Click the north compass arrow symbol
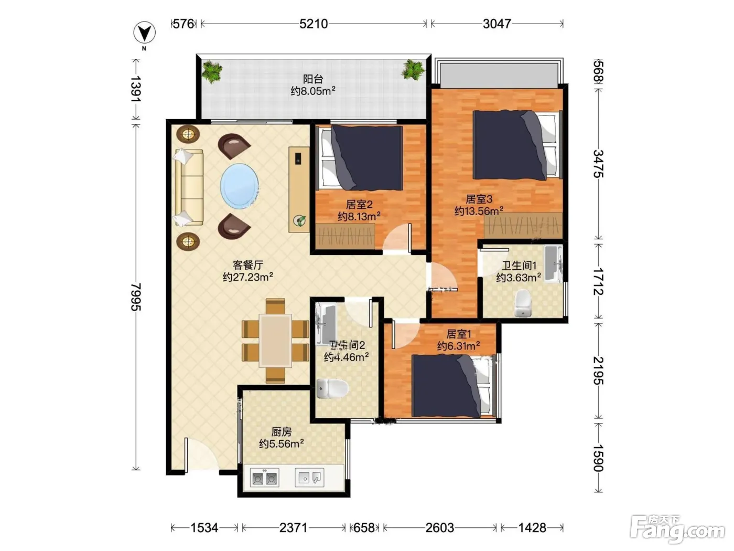145,33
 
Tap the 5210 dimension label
314,24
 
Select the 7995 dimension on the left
136,296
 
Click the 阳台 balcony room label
313,79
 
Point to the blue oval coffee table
240,186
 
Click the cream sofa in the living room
188,187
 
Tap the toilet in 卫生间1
523,303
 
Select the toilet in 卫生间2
332,388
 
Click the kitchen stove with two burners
264,478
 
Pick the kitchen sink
309,478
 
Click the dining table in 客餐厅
275,340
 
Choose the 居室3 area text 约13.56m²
479,211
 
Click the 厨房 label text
281,432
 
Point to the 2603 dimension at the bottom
440,527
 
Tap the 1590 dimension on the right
598,458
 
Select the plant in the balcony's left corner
212,71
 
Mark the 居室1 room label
458,334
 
